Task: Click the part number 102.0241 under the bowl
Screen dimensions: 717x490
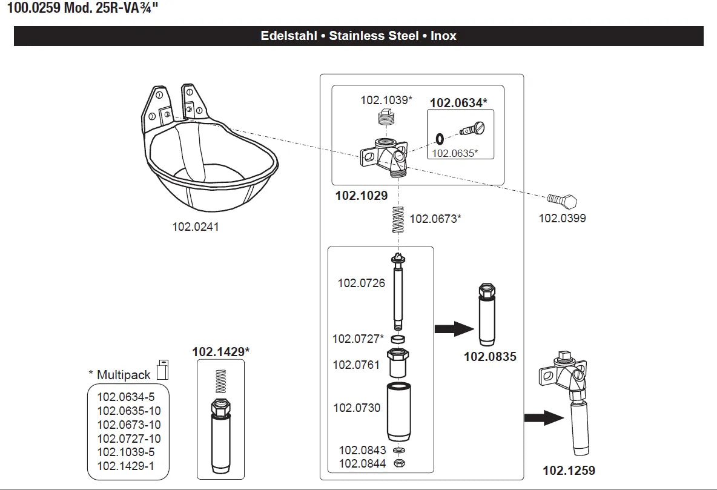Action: (x=195, y=227)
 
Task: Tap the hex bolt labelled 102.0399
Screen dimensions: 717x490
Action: (x=562, y=200)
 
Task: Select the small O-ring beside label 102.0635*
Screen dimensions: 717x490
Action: (x=440, y=139)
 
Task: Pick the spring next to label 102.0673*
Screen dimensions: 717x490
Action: (x=398, y=220)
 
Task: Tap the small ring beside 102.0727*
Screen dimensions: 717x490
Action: (x=398, y=339)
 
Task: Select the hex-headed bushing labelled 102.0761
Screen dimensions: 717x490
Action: (x=398, y=363)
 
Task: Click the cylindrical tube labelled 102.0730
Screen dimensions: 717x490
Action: (x=398, y=412)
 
